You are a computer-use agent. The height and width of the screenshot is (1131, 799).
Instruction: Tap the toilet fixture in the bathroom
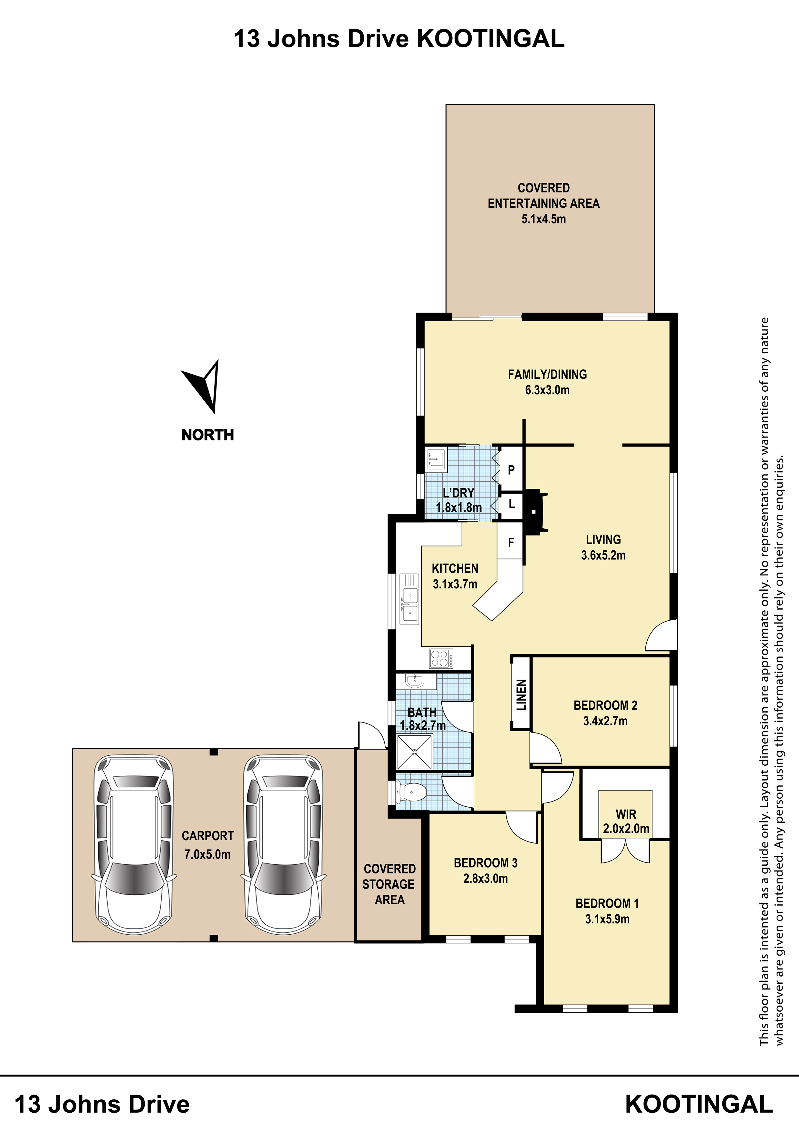pyautogui.click(x=411, y=792)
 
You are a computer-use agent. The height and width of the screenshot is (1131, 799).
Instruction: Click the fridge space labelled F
pyautogui.click(x=511, y=542)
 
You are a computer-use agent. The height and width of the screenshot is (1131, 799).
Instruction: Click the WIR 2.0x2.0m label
pyautogui.click(x=626, y=821)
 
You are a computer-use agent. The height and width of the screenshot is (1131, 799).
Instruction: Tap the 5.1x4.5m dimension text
pyautogui.click(x=544, y=219)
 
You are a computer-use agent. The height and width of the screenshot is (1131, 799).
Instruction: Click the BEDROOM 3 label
pyautogui.click(x=486, y=862)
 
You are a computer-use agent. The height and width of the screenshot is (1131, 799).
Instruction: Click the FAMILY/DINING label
pyautogui.click(x=547, y=374)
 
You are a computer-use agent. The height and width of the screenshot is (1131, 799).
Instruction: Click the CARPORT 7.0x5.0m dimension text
pyautogui.click(x=207, y=854)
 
